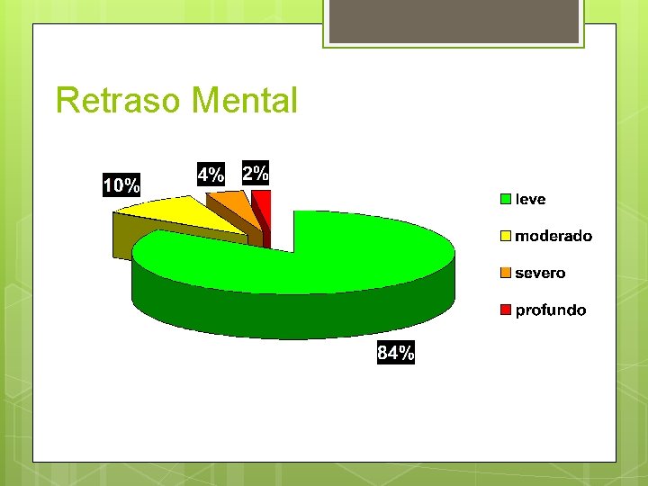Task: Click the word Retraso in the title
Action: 119,100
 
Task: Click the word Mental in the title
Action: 245,100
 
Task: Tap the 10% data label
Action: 121,186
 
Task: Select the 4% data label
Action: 211,175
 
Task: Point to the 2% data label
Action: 256,173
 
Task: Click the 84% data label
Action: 396,353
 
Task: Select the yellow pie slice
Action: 175,214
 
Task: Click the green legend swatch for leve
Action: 507,199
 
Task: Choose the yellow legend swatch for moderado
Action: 507,236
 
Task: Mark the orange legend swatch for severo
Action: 507,273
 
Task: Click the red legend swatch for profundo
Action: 507,310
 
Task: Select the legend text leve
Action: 530,199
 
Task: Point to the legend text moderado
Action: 553,236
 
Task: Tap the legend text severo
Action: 540,273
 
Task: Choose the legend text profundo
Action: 550,310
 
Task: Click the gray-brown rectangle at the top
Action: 453,22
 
